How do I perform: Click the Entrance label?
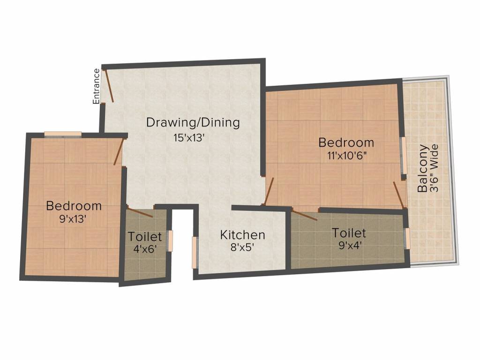[x=96, y=86]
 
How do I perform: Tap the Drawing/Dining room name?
[x=193, y=123]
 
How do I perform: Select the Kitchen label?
[x=243, y=234]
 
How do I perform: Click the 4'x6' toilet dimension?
[x=145, y=249]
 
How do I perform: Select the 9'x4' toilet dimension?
[x=349, y=245]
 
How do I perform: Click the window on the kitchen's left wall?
[x=195, y=253]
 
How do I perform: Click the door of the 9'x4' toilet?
[x=304, y=215]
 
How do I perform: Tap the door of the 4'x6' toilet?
[x=140, y=212]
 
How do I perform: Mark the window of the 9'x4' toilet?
[x=408, y=239]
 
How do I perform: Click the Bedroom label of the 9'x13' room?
[x=74, y=205]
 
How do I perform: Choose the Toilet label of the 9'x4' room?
[x=349, y=232]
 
